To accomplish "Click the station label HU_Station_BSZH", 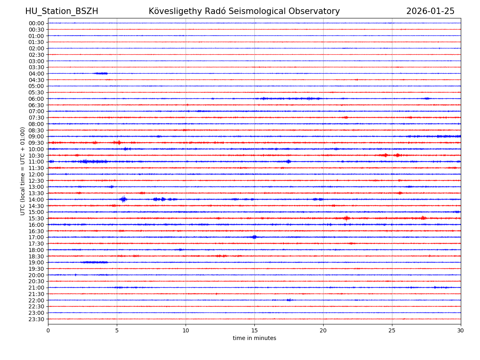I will tap(62, 12).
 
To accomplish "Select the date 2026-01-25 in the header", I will tap(430, 12).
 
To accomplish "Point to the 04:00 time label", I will tap(36, 74).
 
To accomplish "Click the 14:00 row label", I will tap(36, 200).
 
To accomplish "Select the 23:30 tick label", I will tap(36, 319).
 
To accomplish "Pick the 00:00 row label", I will tap(36, 23).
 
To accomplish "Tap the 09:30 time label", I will tap(36, 143).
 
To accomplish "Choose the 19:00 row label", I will tap(36, 262).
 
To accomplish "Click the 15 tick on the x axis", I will tap(254, 331).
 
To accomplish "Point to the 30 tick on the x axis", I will tap(461, 331).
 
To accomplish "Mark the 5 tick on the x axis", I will tap(117, 331).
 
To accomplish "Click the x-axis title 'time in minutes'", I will tap(254, 338).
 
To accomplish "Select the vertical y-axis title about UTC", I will tap(23, 171).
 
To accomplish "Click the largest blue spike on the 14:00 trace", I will tap(123, 199).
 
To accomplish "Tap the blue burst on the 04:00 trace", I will tap(101, 73).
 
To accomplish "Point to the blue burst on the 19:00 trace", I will tap(94, 262).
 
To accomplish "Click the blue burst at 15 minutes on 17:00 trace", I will tap(254, 237).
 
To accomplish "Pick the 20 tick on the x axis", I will tap(323, 331).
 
